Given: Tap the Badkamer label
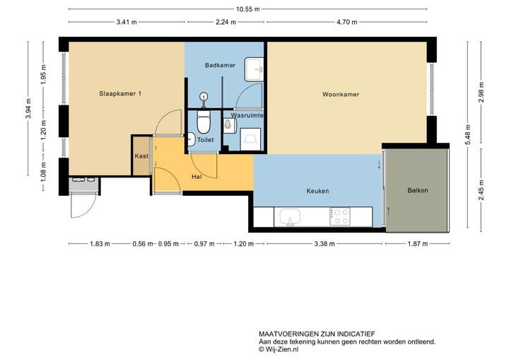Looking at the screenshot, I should pos(219,65).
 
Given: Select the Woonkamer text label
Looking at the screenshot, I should pos(341,94).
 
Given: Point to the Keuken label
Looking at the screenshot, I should pos(317,191).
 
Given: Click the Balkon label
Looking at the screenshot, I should pos(418,190).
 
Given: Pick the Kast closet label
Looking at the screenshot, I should pos(141,157).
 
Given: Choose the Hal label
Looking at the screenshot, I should pos(197,177).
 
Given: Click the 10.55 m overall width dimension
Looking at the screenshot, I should pos(247,9).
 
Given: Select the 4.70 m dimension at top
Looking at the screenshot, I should pos(346,22).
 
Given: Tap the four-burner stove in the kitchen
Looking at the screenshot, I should pos(340,216).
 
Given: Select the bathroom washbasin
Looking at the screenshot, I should pos(255,69).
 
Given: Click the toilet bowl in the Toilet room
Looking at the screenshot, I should pos(204,124).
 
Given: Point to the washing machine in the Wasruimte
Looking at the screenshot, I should pos(248,139).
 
